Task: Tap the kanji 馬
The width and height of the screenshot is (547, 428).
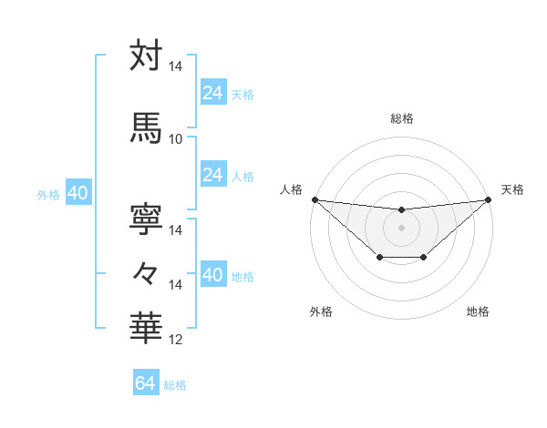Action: (x=147, y=127)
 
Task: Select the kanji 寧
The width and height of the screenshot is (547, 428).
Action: (x=147, y=217)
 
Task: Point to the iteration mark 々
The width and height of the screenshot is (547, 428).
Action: (x=147, y=272)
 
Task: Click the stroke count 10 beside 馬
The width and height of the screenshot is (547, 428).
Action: (x=175, y=138)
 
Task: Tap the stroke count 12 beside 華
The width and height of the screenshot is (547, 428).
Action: (x=175, y=340)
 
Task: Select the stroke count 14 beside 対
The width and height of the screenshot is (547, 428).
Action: (x=175, y=66)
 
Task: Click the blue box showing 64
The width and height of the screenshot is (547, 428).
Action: (x=145, y=383)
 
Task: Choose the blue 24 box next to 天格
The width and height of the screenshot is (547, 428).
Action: (x=213, y=92)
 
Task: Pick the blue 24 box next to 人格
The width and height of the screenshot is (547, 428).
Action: (x=213, y=175)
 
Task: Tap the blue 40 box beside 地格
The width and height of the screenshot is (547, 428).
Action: (x=213, y=275)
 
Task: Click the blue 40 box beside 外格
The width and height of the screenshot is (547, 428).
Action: (x=77, y=193)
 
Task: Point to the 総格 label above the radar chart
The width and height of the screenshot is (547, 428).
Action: (x=401, y=118)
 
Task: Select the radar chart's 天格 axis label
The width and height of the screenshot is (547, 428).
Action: (x=512, y=189)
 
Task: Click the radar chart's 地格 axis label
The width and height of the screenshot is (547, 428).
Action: (x=478, y=311)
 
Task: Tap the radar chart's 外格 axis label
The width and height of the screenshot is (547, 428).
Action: (x=321, y=311)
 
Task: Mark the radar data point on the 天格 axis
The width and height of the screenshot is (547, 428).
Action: (x=489, y=199)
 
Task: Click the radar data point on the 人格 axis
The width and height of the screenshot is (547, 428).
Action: (x=315, y=199)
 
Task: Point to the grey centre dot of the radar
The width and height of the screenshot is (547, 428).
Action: (x=401, y=228)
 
